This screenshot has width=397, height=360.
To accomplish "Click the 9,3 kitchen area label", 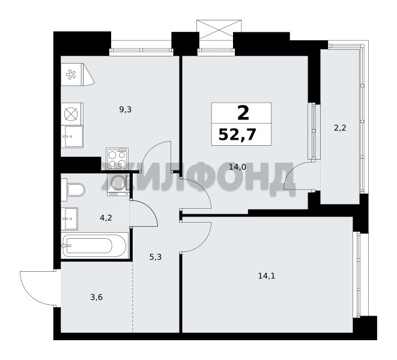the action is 126,110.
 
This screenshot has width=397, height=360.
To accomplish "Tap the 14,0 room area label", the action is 237,167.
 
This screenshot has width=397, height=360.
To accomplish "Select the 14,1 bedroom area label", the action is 266,276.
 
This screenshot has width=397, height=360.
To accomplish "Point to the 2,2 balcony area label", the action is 340,128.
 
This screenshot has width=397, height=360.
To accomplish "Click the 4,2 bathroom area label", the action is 106,218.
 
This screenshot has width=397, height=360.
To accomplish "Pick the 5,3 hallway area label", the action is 156,257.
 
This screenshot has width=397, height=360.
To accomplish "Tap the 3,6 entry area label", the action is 97,298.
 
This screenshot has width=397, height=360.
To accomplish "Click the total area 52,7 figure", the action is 237,134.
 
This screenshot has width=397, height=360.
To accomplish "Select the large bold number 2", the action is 243,113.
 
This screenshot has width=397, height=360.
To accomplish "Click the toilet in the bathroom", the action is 73,190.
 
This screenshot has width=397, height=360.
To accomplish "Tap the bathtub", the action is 94,245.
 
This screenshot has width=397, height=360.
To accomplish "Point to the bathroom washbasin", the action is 70,218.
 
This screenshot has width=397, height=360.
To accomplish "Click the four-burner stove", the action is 117,158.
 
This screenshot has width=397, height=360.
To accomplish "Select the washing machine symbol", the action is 118,184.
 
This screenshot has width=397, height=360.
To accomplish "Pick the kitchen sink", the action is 72,137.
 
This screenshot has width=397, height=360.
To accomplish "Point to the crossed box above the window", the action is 219,30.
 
